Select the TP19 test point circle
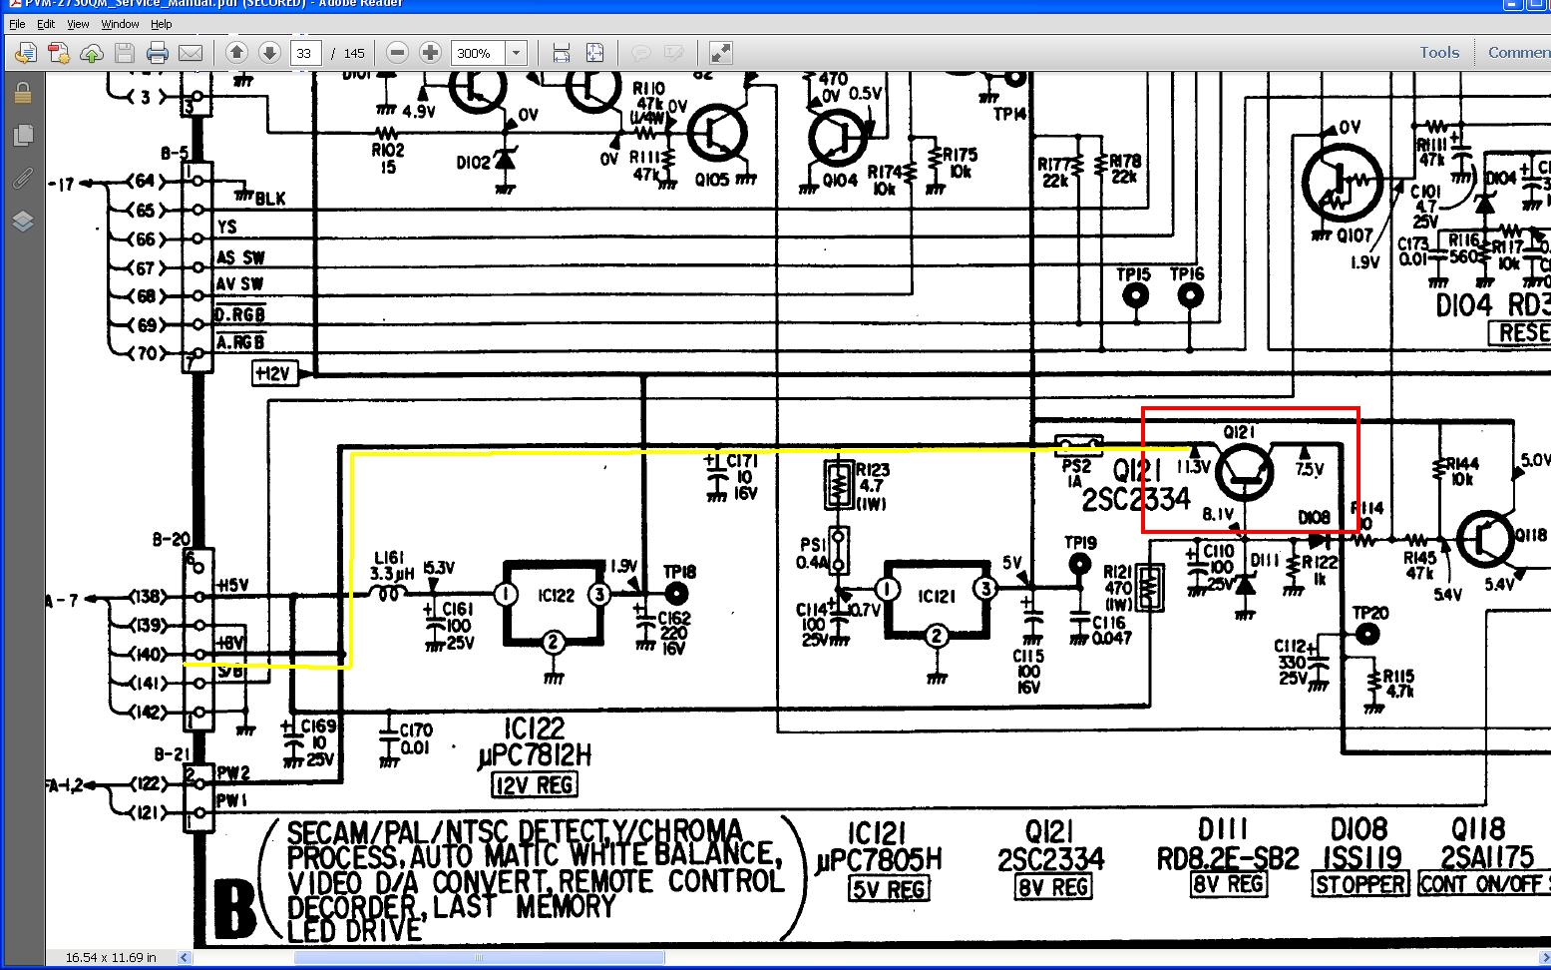[1079, 566]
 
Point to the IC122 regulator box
[554, 596]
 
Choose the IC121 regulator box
[935, 596]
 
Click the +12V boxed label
[273, 373]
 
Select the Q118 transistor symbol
[1486, 540]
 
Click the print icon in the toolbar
[157, 53]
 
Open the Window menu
[120, 24]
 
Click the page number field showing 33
[304, 53]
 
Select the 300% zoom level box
[478, 53]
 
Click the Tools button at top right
[1438, 52]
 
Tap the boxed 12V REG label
[535, 785]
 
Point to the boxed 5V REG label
[888, 888]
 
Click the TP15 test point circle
[1135, 296]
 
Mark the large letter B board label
[235, 908]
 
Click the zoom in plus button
[430, 53]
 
